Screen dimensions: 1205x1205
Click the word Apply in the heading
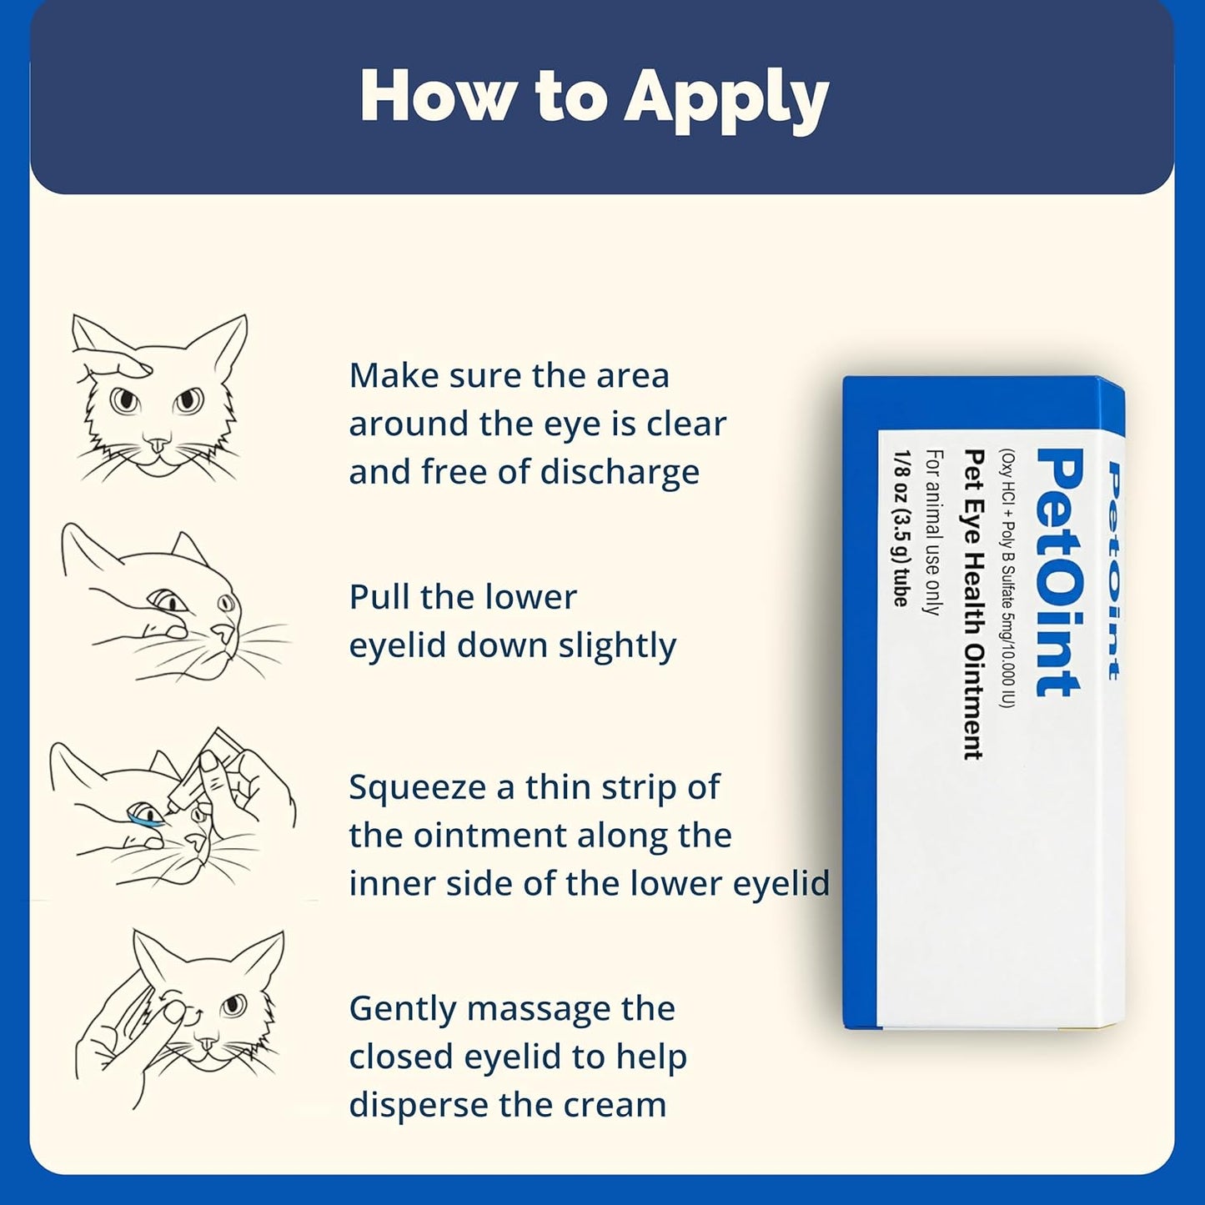(x=726, y=98)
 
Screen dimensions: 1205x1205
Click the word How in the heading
(x=436, y=96)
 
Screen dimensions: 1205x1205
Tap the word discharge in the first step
(x=620, y=472)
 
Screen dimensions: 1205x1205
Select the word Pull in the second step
(x=379, y=597)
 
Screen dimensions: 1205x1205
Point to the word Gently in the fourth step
(x=402, y=1010)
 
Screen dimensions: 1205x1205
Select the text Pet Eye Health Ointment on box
(x=972, y=604)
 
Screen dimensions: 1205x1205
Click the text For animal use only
(x=933, y=532)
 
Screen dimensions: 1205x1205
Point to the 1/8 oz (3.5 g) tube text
(x=901, y=529)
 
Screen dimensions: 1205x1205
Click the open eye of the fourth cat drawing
(x=233, y=1005)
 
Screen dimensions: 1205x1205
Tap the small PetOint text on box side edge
(x=1112, y=570)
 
